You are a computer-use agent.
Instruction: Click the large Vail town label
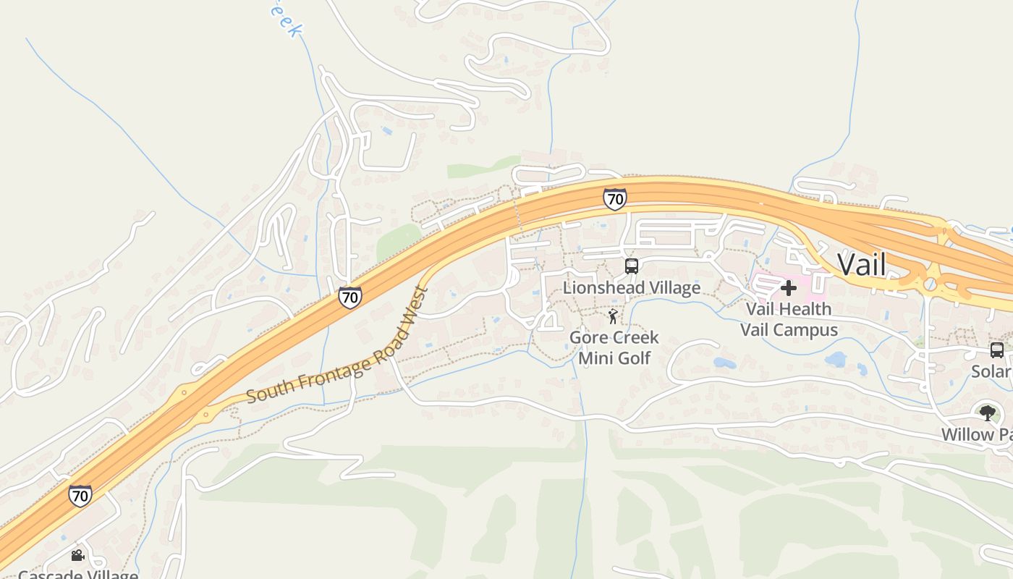[x=862, y=265]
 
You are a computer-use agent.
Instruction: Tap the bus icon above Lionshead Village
[x=632, y=266]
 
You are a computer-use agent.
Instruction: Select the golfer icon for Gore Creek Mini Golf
[x=614, y=316]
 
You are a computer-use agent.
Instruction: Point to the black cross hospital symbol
[x=789, y=288]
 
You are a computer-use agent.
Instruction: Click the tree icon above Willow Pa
[x=987, y=413]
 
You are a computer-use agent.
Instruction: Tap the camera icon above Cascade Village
[x=77, y=556]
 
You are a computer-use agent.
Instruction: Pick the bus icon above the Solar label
[x=997, y=350]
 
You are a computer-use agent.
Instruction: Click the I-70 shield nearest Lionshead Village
[x=614, y=199]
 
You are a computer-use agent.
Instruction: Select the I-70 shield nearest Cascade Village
[x=80, y=496]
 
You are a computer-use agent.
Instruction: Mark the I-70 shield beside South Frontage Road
[x=350, y=297]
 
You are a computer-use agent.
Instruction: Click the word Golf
[x=635, y=358]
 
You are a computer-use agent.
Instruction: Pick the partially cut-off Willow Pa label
[x=976, y=434]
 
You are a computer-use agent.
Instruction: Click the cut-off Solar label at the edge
[x=991, y=371]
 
